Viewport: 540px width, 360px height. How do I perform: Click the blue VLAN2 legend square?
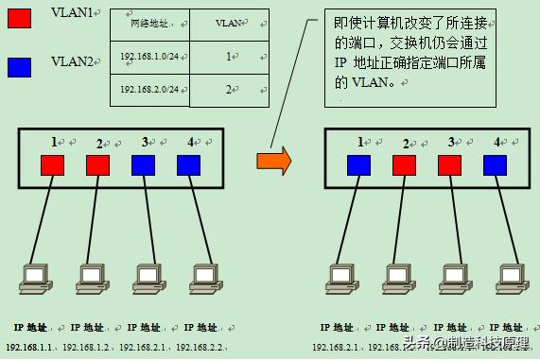18,67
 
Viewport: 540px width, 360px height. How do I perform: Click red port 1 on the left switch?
52,165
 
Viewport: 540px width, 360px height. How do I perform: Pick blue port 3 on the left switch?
143,165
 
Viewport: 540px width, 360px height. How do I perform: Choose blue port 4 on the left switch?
188,165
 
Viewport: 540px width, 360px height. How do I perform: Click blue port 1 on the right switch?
359,165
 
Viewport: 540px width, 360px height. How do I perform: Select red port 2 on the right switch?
405,165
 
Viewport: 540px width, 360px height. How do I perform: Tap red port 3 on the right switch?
450,165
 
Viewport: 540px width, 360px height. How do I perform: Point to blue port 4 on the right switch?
495,165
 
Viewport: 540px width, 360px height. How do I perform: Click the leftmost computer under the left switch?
35,275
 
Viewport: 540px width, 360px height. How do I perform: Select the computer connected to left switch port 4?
204,275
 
